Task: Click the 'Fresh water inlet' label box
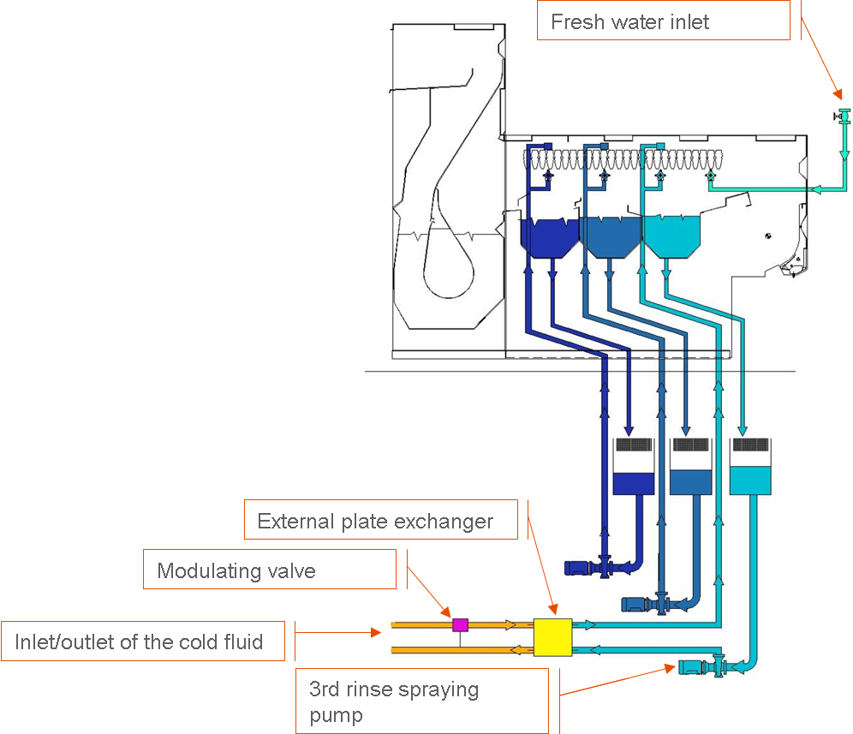click(x=663, y=21)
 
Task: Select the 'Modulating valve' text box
click(x=269, y=570)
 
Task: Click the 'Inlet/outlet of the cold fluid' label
click(x=142, y=641)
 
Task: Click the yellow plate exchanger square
click(x=552, y=637)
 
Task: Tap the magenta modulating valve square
click(x=460, y=624)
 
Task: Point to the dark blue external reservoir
click(x=634, y=482)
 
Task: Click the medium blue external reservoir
click(x=690, y=482)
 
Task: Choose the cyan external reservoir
click(x=751, y=480)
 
